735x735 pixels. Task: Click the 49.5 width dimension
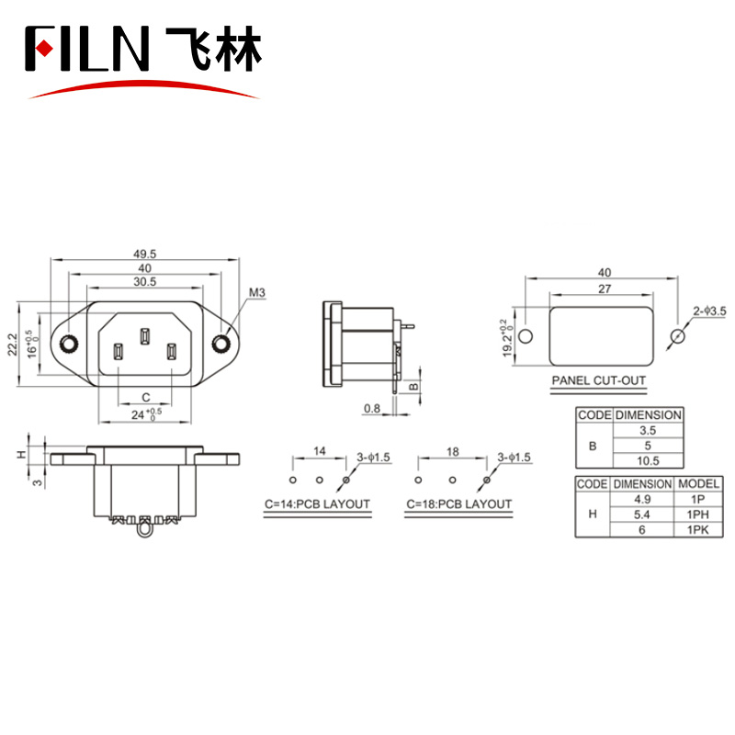coord(144,254)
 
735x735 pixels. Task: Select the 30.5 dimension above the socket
coord(144,282)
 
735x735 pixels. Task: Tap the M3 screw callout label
coord(257,292)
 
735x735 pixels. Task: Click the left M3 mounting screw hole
coord(69,344)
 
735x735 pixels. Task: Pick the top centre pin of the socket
coord(145,336)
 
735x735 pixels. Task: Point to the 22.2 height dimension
coord(12,345)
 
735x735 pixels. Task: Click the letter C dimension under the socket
coord(146,398)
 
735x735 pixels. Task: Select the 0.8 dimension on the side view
coord(372,408)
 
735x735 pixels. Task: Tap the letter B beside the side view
coord(413,387)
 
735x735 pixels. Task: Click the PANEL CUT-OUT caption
coord(599,380)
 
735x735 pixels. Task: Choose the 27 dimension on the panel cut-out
coord(605,288)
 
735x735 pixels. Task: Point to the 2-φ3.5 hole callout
coord(709,311)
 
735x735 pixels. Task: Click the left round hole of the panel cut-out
coord(526,336)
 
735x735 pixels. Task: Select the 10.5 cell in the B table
coord(648,461)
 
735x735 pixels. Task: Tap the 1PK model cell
coord(698,530)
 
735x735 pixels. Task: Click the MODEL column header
coord(698,484)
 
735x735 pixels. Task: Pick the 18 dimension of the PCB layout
coord(452,452)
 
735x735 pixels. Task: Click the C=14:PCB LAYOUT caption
coord(317,504)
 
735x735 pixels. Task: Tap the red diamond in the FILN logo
coord(44,49)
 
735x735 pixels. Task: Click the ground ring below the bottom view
coord(145,531)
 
